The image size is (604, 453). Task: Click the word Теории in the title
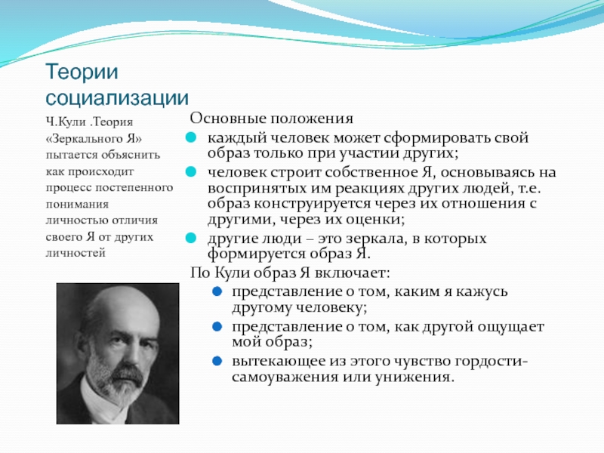(x=82, y=72)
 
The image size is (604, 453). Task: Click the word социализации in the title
(x=117, y=98)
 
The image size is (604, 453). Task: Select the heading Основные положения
(x=271, y=119)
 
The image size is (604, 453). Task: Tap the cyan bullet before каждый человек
(x=191, y=137)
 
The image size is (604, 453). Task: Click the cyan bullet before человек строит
(x=191, y=172)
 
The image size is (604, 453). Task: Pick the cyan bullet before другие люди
(x=191, y=238)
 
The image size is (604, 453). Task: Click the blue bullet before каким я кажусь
(x=217, y=291)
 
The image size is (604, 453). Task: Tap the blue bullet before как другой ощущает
(x=217, y=327)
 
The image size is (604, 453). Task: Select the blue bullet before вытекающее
(x=217, y=362)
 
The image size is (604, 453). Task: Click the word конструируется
(x=328, y=204)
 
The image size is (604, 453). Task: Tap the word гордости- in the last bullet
(x=492, y=362)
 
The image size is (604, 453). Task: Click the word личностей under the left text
(x=75, y=253)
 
